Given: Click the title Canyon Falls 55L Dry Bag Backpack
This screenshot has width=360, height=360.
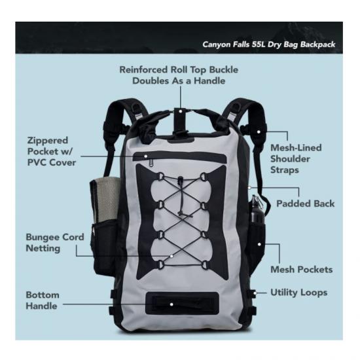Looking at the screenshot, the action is [x=269, y=45].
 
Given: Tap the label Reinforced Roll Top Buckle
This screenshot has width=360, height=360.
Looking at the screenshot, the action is [x=179, y=70].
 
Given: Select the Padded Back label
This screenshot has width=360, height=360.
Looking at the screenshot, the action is [x=306, y=204].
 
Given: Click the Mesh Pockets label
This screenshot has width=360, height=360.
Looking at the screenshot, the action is [x=302, y=270].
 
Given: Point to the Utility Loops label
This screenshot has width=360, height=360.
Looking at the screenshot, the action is [x=299, y=293].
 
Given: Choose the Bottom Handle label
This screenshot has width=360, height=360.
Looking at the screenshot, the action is [x=43, y=300].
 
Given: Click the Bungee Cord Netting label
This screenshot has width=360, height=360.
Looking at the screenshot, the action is [x=55, y=243].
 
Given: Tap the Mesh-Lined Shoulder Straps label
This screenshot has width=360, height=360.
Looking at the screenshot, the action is [x=296, y=159].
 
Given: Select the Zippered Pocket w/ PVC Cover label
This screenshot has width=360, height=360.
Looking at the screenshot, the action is [x=52, y=152].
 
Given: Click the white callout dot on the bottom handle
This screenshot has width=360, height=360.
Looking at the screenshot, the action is [x=171, y=304].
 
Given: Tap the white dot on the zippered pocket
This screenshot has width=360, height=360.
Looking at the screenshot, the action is [x=145, y=156].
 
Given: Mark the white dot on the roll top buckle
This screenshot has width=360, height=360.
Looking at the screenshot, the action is [x=181, y=111].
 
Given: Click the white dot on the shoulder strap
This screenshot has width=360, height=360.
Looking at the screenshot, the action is [x=259, y=132].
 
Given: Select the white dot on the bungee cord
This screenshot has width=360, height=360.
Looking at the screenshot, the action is [x=171, y=256].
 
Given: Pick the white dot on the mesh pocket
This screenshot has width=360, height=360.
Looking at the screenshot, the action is [x=259, y=244].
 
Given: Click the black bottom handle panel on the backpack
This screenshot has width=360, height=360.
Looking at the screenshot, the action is [x=183, y=303].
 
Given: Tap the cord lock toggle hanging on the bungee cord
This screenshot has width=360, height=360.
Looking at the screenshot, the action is [x=181, y=180].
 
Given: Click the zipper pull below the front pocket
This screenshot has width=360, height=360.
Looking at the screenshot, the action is [x=151, y=163].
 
